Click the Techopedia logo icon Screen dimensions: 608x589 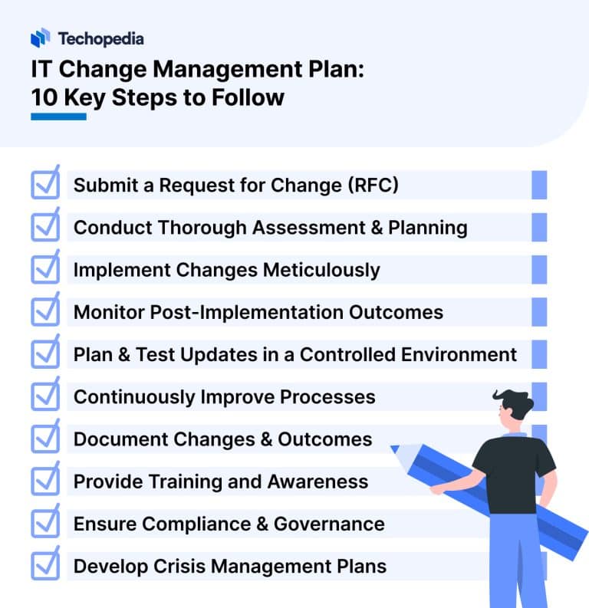tap(41, 38)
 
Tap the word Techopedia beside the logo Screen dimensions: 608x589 tap(100, 38)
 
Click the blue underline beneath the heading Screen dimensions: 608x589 tap(58, 117)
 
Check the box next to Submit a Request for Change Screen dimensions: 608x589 tap(45, 185)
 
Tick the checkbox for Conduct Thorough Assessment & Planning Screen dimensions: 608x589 tap(45, 227)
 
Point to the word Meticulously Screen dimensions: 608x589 tap(321, 270)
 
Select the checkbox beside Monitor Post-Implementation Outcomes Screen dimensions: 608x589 tap(45, 311)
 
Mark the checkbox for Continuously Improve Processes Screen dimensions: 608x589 tap(45, 396)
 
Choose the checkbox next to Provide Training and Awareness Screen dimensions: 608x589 tap(45, 481)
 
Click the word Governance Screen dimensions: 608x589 tap(329, 524)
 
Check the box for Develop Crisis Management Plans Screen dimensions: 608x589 tap(45, 566)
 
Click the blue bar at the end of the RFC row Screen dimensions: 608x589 tap(539, 186)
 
